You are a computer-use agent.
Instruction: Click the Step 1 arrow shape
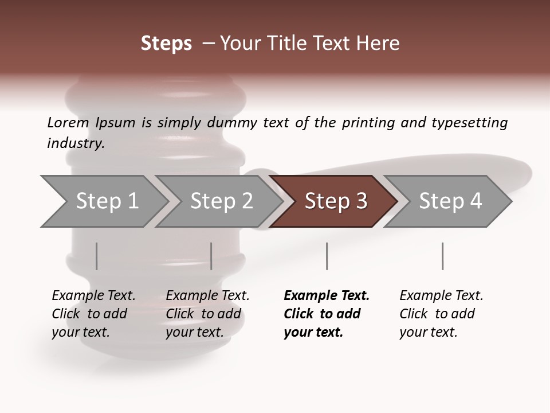click(103, 201)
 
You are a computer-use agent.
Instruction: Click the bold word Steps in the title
click(166, 44)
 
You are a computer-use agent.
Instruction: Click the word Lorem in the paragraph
click(68, 123)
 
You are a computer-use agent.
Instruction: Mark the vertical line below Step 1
click(97, 256)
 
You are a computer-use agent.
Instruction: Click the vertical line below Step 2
click(211, 256)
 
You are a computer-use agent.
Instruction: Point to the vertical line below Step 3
click(327, 256)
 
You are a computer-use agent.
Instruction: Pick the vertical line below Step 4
click(442, 256)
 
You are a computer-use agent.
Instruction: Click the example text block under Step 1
click(93, 314)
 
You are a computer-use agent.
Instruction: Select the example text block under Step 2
click(207, 314)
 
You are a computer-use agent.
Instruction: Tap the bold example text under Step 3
click(326, 314)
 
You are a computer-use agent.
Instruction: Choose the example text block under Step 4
click(441, 314)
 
